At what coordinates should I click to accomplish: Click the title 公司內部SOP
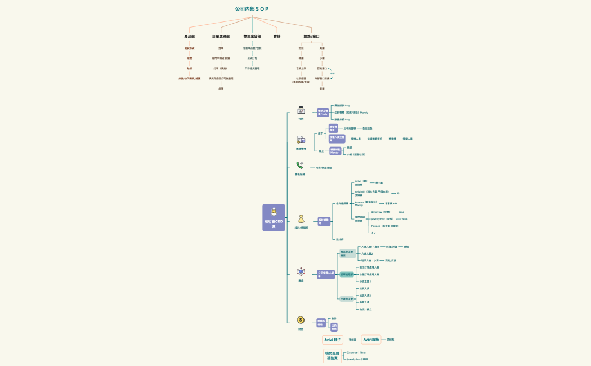tap(252, 9)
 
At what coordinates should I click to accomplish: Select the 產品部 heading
tap(190, 37)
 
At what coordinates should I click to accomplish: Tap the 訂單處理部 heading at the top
tap(221, 37)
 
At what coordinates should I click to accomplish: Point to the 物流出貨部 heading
tap(252, 37)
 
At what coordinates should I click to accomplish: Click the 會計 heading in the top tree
tap(277, 37)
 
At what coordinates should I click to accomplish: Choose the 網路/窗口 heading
tap(311, 37)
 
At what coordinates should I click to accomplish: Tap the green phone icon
tap(301, 165)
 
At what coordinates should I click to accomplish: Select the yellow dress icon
tap(301, 218)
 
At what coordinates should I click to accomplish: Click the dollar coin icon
tap(301, 320)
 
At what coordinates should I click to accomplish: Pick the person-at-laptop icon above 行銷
tap(301, 110)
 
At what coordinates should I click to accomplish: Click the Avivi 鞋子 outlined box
tap(332, 340)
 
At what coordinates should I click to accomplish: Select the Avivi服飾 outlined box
tap(371, 340)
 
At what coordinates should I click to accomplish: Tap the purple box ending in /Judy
tap(323, 113)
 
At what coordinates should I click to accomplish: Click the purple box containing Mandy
tap(335, 151)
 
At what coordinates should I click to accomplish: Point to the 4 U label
tap(373, 233)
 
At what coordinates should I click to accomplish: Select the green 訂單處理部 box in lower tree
tap(347, 274)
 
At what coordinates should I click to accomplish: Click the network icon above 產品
tap(301, 271)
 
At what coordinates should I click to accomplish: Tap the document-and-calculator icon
tap(301, 140)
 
